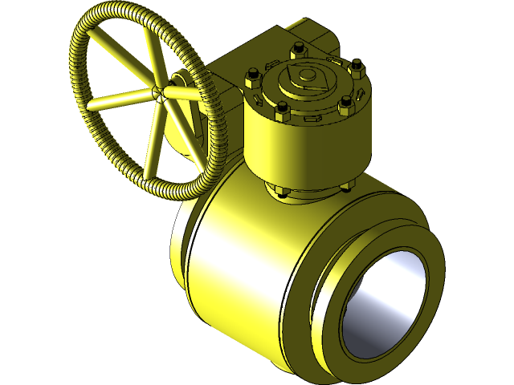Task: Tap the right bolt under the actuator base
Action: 347,188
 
